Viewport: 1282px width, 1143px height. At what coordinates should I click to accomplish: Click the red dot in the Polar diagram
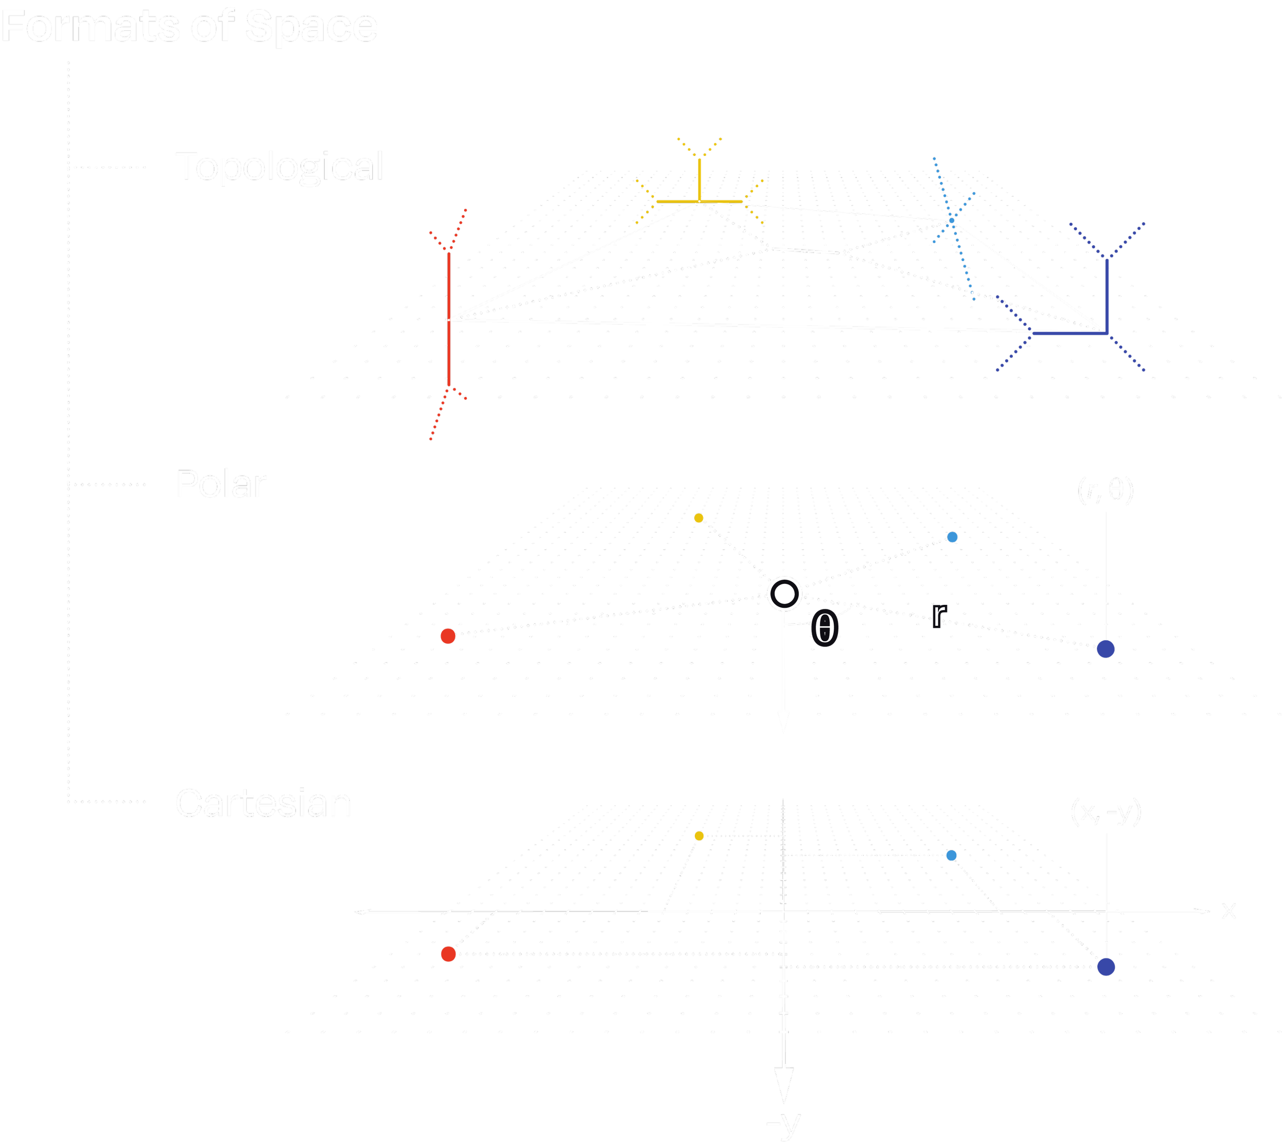coord(448,636)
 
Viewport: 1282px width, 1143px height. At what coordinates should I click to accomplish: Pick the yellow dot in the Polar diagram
coord(699,518)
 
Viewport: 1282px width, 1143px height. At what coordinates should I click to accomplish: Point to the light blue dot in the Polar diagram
coord(952,537)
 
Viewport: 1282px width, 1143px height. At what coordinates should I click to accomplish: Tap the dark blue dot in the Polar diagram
coord(1106,649)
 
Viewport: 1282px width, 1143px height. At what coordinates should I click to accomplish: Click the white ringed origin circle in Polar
coord(784,594)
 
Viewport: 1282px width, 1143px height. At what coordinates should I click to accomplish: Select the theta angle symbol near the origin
coord(824,628)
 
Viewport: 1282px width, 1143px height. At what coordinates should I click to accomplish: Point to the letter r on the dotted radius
coord(938,616)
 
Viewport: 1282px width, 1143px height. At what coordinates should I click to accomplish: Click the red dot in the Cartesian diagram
coord(448,954)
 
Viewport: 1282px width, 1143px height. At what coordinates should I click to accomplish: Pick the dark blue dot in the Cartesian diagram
coord(1106,967)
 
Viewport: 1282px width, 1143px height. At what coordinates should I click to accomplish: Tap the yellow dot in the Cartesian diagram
coord(699,836)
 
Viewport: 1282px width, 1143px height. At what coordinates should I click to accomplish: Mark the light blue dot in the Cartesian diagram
coord(952,855)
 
